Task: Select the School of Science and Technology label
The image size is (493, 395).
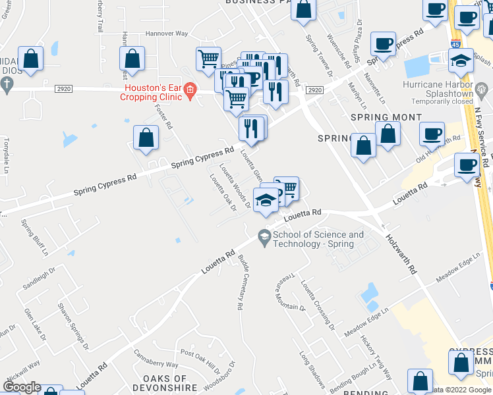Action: point(318,239)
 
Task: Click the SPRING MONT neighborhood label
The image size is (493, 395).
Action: point(386,117)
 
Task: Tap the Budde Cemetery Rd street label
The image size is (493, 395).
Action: point(241,282)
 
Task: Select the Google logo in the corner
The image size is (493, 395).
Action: point(22,388)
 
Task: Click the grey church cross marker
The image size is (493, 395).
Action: point(7,84)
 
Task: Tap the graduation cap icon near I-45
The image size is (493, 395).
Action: point(461,62)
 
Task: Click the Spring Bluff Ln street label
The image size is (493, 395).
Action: point(34,237)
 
